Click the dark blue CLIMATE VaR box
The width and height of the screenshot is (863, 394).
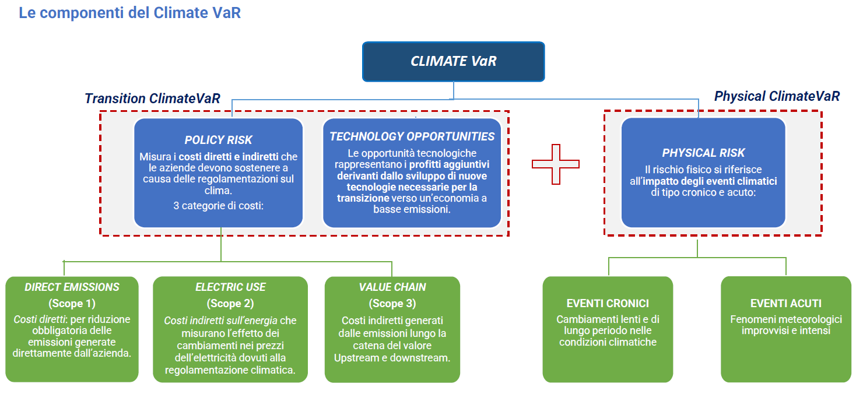453,61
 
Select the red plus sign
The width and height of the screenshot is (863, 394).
555,164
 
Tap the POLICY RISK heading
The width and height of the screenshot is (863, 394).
218,140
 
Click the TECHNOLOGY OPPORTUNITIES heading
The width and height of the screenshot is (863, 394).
412,136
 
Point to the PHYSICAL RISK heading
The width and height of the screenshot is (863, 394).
703,153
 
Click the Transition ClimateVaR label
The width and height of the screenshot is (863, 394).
152,98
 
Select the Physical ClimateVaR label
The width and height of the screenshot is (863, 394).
777,96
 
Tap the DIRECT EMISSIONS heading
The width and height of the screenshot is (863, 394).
72,287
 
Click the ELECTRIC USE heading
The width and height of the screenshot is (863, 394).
230,287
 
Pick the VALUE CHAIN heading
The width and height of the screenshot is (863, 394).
392,287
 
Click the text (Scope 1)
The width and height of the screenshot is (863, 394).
72,303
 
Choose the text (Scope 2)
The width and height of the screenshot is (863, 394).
230,303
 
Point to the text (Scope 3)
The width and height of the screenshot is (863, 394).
392,303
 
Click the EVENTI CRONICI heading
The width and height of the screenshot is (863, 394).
608,303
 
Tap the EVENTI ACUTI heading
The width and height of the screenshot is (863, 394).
785,303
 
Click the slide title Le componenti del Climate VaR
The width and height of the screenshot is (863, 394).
129,13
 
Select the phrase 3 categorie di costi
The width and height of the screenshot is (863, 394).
218,205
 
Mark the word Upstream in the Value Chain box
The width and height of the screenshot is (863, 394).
356,357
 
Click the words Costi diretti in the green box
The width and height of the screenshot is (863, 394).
39,319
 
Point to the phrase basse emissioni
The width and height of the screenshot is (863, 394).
412,209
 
